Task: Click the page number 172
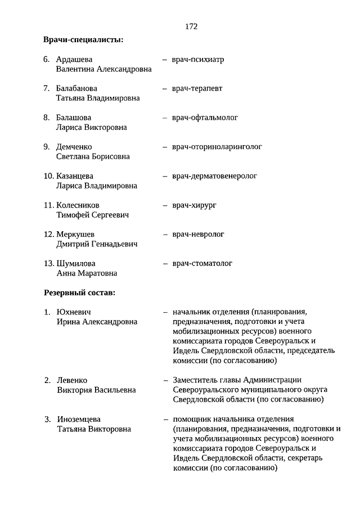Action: (191, 26)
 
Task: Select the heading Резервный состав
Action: (80, 292)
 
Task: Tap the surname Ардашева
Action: (74, 59)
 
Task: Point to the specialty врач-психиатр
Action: (198, 59)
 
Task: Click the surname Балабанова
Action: (76, 88)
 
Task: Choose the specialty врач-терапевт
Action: (197, 88)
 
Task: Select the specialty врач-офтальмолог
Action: (205, 118)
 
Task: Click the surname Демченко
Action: (74, 147)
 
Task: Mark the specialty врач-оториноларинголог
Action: (217, 147)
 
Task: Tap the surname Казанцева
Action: (75, 176)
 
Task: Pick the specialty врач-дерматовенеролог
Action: (214, 176)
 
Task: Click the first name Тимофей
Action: (72, 215)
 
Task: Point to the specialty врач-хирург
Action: (194, 205)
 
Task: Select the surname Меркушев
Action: (75, 235)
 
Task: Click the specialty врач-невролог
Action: (198, 234)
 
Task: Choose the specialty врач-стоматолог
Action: (202, 263)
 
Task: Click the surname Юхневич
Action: (74, 312)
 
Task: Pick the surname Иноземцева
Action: (79, 419)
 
